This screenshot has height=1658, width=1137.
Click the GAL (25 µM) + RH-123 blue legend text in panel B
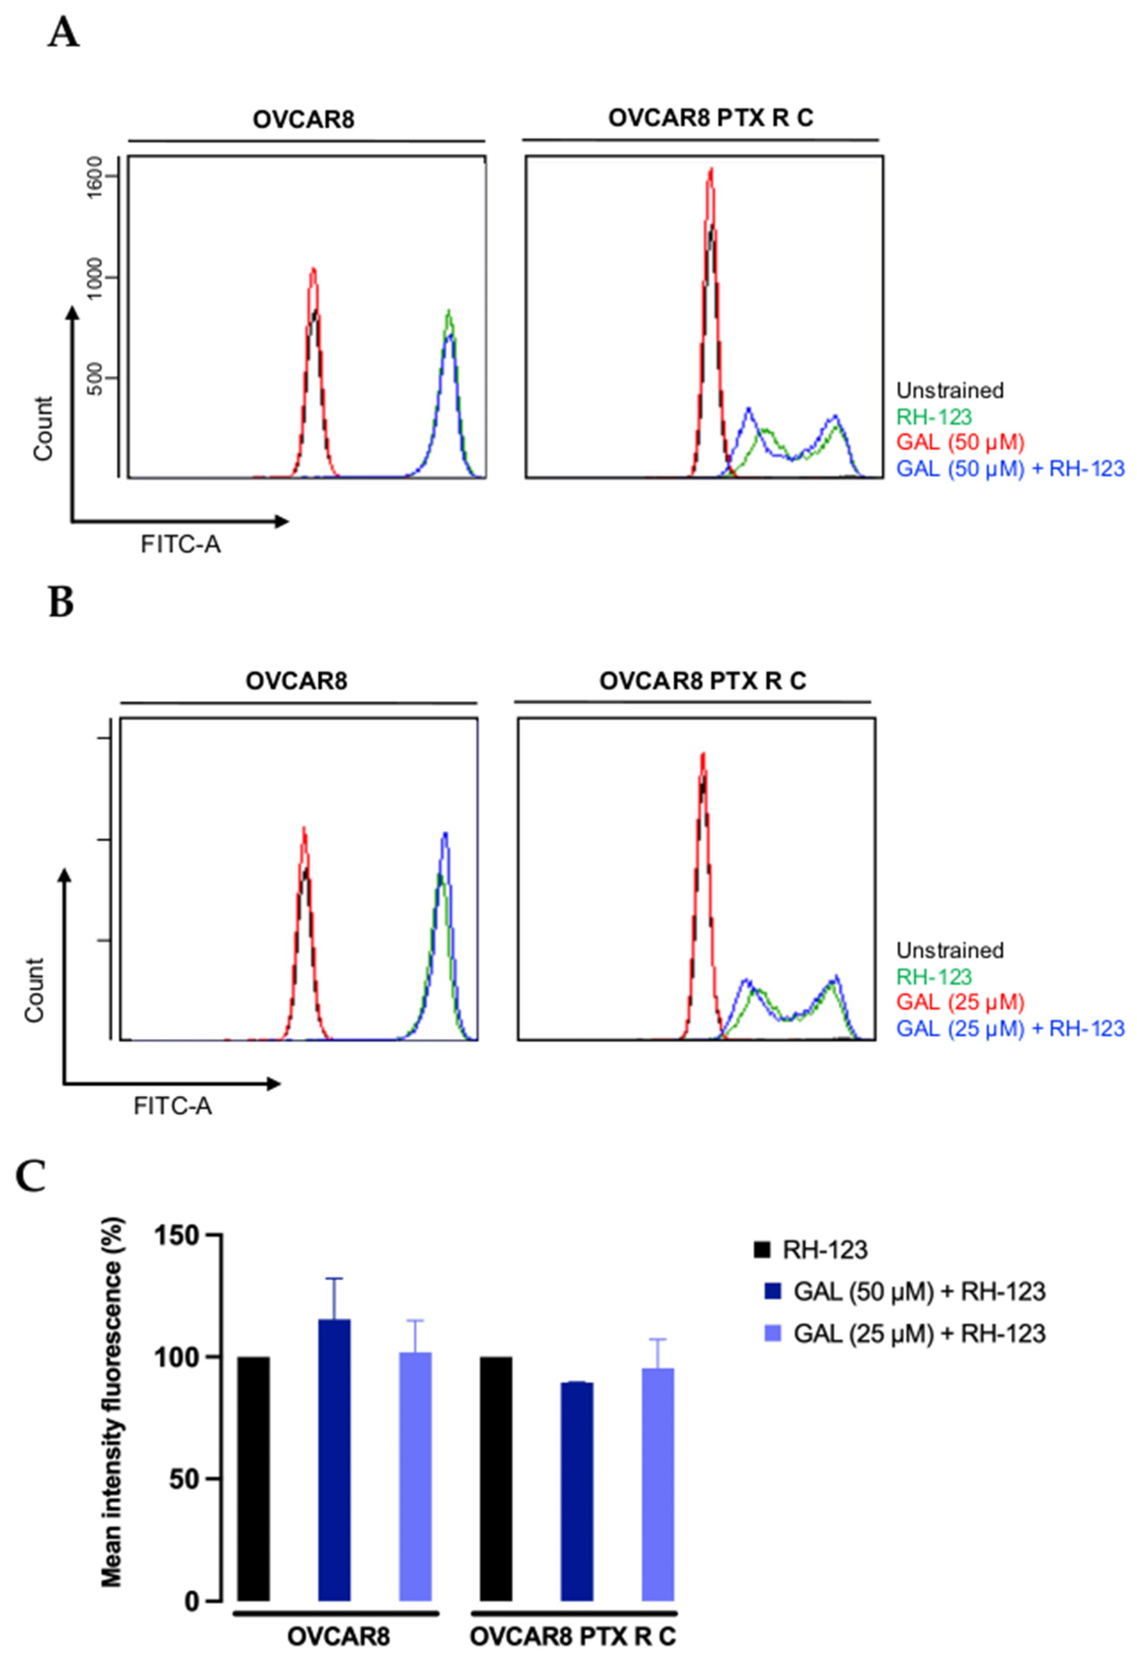(1010, 1028)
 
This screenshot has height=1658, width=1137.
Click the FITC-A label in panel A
(180, 545)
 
